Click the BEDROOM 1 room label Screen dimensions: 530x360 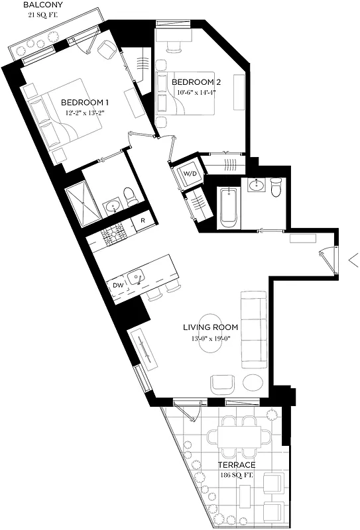84,103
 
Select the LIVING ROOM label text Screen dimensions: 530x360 210,327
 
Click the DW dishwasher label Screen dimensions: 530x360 117,286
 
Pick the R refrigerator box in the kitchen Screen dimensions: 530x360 143,221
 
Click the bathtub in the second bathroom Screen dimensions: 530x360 229,207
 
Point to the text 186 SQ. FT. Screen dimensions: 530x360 237,476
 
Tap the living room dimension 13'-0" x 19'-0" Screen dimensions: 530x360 210,339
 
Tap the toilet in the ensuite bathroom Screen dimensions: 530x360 130,195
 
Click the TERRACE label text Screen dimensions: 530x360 237,465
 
